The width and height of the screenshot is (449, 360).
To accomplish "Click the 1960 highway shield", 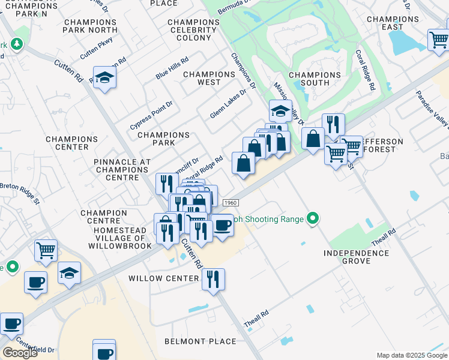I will click(x=228, y=204).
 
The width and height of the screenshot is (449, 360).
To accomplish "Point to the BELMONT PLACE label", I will click(x=200, y=341).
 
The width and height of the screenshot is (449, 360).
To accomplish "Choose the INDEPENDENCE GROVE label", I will click(x=356, y=257).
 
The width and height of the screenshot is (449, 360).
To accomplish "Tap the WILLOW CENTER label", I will click(x=163, y=278).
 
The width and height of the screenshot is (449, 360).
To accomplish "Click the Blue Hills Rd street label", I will click(x=172, y=68).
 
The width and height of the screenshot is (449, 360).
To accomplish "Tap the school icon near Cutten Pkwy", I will click(x=105, y=79).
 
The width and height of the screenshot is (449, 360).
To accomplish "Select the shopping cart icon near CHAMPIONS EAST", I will click(x=439, y=40).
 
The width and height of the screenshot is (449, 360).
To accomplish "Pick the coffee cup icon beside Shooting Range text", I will click(x=223, y=226).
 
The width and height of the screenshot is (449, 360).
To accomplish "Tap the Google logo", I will click(x=20, y=353).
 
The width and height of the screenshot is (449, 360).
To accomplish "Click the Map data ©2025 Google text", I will click(x=411, y=355).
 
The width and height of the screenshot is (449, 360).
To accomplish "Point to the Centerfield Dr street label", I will click(x=36, y=347).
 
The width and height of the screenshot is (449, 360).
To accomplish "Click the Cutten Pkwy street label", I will click(x=96, y=47).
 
